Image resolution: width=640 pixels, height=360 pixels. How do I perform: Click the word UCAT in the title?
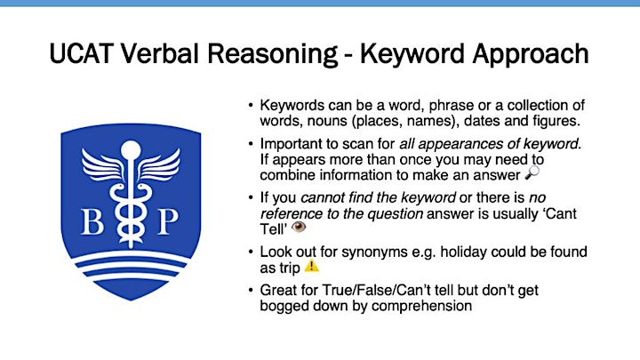pyautogui.click(x=81, y=53)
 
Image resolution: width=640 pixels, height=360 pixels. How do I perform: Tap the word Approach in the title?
pyautogui.click(x=530, y=55)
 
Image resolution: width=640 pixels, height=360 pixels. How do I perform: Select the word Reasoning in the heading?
pyautogui.click(x=273, y=55)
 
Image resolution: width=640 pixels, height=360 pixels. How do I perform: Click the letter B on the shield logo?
pyautogui.click(x=92, y=221)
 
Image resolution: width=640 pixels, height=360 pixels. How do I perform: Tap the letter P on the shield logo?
pyautogui.click(x=168, y=221)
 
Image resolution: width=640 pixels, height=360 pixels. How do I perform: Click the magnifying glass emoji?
pyautogui.click(x=532, y=172)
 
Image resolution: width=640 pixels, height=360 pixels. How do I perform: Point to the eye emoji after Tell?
pyautogui.click(x=299, y=227)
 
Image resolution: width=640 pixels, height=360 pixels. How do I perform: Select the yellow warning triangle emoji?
pyautogui.click(x=312, y=266)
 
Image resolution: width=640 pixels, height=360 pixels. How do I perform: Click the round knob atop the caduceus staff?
pyautogui.click(x=131, y=150)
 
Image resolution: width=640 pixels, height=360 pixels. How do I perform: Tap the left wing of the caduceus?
pyautogui.click(x=102, y=164)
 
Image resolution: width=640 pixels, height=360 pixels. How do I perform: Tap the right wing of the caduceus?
pyautogui.click(x=160, y=164)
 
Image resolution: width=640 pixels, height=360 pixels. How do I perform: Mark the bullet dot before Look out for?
pyautogui.click(x=251, y=252)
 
